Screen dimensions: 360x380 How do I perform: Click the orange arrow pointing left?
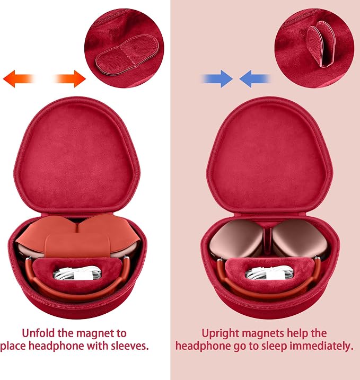[18, 79]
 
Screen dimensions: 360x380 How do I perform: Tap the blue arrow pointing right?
[217, 79]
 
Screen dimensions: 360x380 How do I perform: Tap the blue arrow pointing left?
[254, 79]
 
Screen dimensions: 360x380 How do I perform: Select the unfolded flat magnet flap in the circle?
[127, 54]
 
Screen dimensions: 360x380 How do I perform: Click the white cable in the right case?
[269, 272]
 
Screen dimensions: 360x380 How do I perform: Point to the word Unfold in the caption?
[38, 333]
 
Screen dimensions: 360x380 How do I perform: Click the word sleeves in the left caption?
[130, 346]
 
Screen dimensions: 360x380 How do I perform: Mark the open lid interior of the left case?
[77, 157]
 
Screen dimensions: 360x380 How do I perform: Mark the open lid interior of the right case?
[269, 157]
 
